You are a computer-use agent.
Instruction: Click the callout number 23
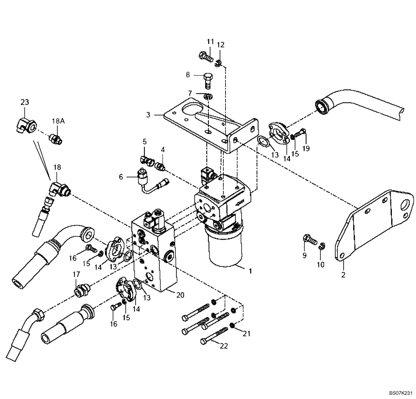click(x=25, y=102)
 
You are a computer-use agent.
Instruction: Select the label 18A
click(x=58, y=121)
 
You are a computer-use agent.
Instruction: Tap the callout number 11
click(x=210, y=42)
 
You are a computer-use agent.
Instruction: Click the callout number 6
click(x=121, y=177)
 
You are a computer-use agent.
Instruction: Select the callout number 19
click(x=306, y=148)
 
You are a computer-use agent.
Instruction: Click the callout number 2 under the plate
click(x=343, y=275)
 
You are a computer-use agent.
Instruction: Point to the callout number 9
click(x=304, y=255)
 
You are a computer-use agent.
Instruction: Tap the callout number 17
click(x=76, y=274)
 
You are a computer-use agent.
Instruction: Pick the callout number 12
click(x=221, y=44)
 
